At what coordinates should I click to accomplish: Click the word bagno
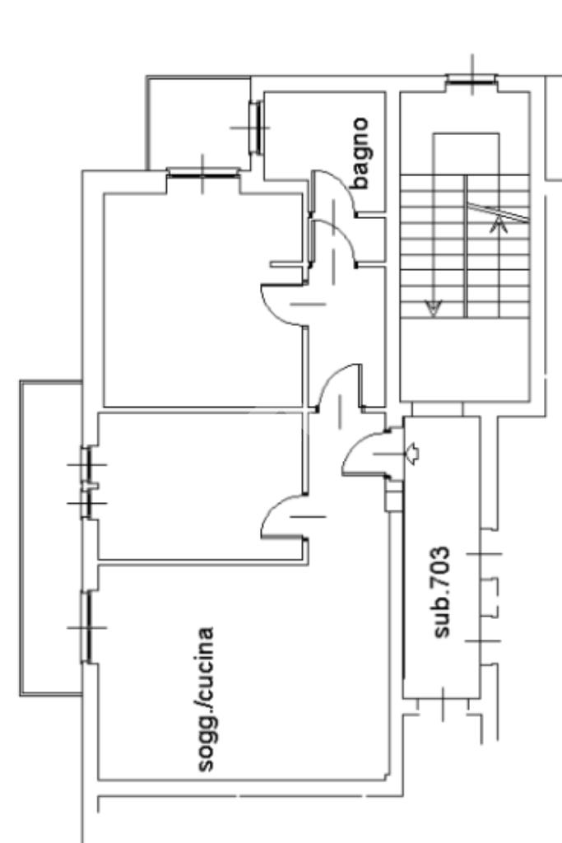360,154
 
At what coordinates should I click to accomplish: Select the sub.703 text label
443,591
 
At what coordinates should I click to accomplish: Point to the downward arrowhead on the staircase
433,308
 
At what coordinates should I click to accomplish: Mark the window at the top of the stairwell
471,80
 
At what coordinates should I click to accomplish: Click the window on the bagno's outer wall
256,128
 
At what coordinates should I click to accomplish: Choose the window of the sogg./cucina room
86,627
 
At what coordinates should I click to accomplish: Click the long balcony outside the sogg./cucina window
49,535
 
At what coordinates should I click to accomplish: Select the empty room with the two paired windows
197,486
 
